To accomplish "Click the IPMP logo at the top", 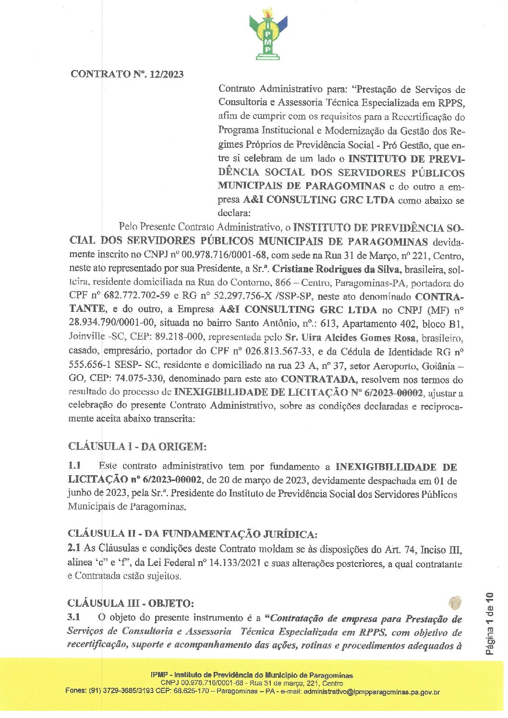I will click(268, 35).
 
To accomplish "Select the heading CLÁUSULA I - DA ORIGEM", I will click(137, 447).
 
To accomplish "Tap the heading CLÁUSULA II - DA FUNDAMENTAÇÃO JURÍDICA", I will click(192, 534).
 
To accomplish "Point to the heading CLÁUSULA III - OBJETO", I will click(131, 603).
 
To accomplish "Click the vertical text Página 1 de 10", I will click(490, 624).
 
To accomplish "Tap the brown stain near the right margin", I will click(454, 602).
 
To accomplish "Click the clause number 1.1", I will click(74, 465).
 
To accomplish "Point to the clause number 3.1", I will click(74, 618).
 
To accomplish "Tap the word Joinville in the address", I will click(87, 338).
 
